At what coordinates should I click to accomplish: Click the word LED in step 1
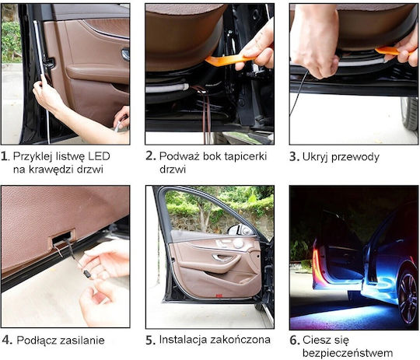pos(99,156)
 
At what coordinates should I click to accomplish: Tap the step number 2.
pos(150,156)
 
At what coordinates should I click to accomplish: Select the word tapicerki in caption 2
pos(246,157)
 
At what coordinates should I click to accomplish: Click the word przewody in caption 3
pos(355,157)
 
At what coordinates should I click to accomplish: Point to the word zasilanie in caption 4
pos(82,341)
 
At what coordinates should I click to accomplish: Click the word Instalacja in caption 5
pos(184,340)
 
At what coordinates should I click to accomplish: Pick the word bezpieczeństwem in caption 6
pos(348,353)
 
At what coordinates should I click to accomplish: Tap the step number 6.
pos(294,341)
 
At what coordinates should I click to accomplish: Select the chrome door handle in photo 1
pos(125,54)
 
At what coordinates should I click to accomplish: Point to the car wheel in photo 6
pos(408,298)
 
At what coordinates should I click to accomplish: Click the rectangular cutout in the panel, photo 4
pos(63,237)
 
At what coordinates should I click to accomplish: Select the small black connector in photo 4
pos(87,274)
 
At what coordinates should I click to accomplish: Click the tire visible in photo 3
pos(410,114)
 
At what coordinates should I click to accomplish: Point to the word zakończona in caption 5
pos(240,340)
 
